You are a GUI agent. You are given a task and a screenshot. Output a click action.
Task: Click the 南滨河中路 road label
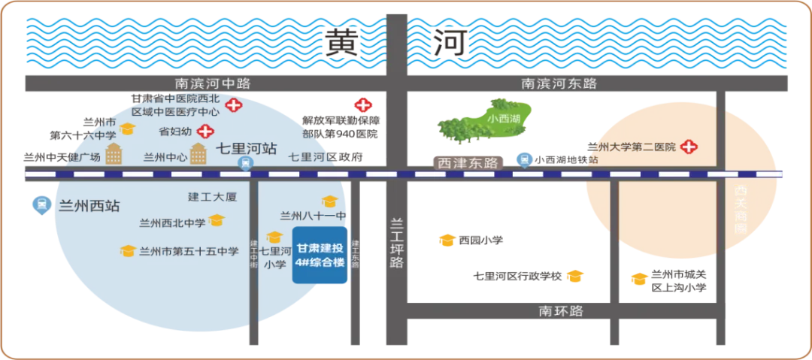tap(213, 83)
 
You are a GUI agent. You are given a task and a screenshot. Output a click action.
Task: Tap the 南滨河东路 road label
tap(559, 83)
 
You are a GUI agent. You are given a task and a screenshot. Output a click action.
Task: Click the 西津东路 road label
tap(468, 162)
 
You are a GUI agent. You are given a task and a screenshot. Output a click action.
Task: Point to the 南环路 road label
tap(561, 310)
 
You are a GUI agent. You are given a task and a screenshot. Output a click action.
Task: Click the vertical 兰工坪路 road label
tap(396, 242)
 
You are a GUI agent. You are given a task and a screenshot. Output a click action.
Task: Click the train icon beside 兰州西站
tap(40, 203)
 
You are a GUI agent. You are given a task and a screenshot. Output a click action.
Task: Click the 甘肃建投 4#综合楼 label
tap(319, 256)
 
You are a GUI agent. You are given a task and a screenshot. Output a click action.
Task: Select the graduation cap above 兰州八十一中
tap(329, 201)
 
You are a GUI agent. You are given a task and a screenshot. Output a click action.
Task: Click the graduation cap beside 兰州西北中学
tap(217, 221)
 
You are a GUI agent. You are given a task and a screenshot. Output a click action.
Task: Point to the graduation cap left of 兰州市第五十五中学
tap(128, 251)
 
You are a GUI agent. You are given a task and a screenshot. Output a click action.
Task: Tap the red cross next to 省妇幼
tap(205, 131)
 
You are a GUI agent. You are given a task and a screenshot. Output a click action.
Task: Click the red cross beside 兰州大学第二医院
tap(687, 147)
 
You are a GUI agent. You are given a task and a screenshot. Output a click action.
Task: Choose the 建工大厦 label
tap(212, 197)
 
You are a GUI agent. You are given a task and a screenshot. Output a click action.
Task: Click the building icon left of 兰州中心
tap(114, 153)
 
